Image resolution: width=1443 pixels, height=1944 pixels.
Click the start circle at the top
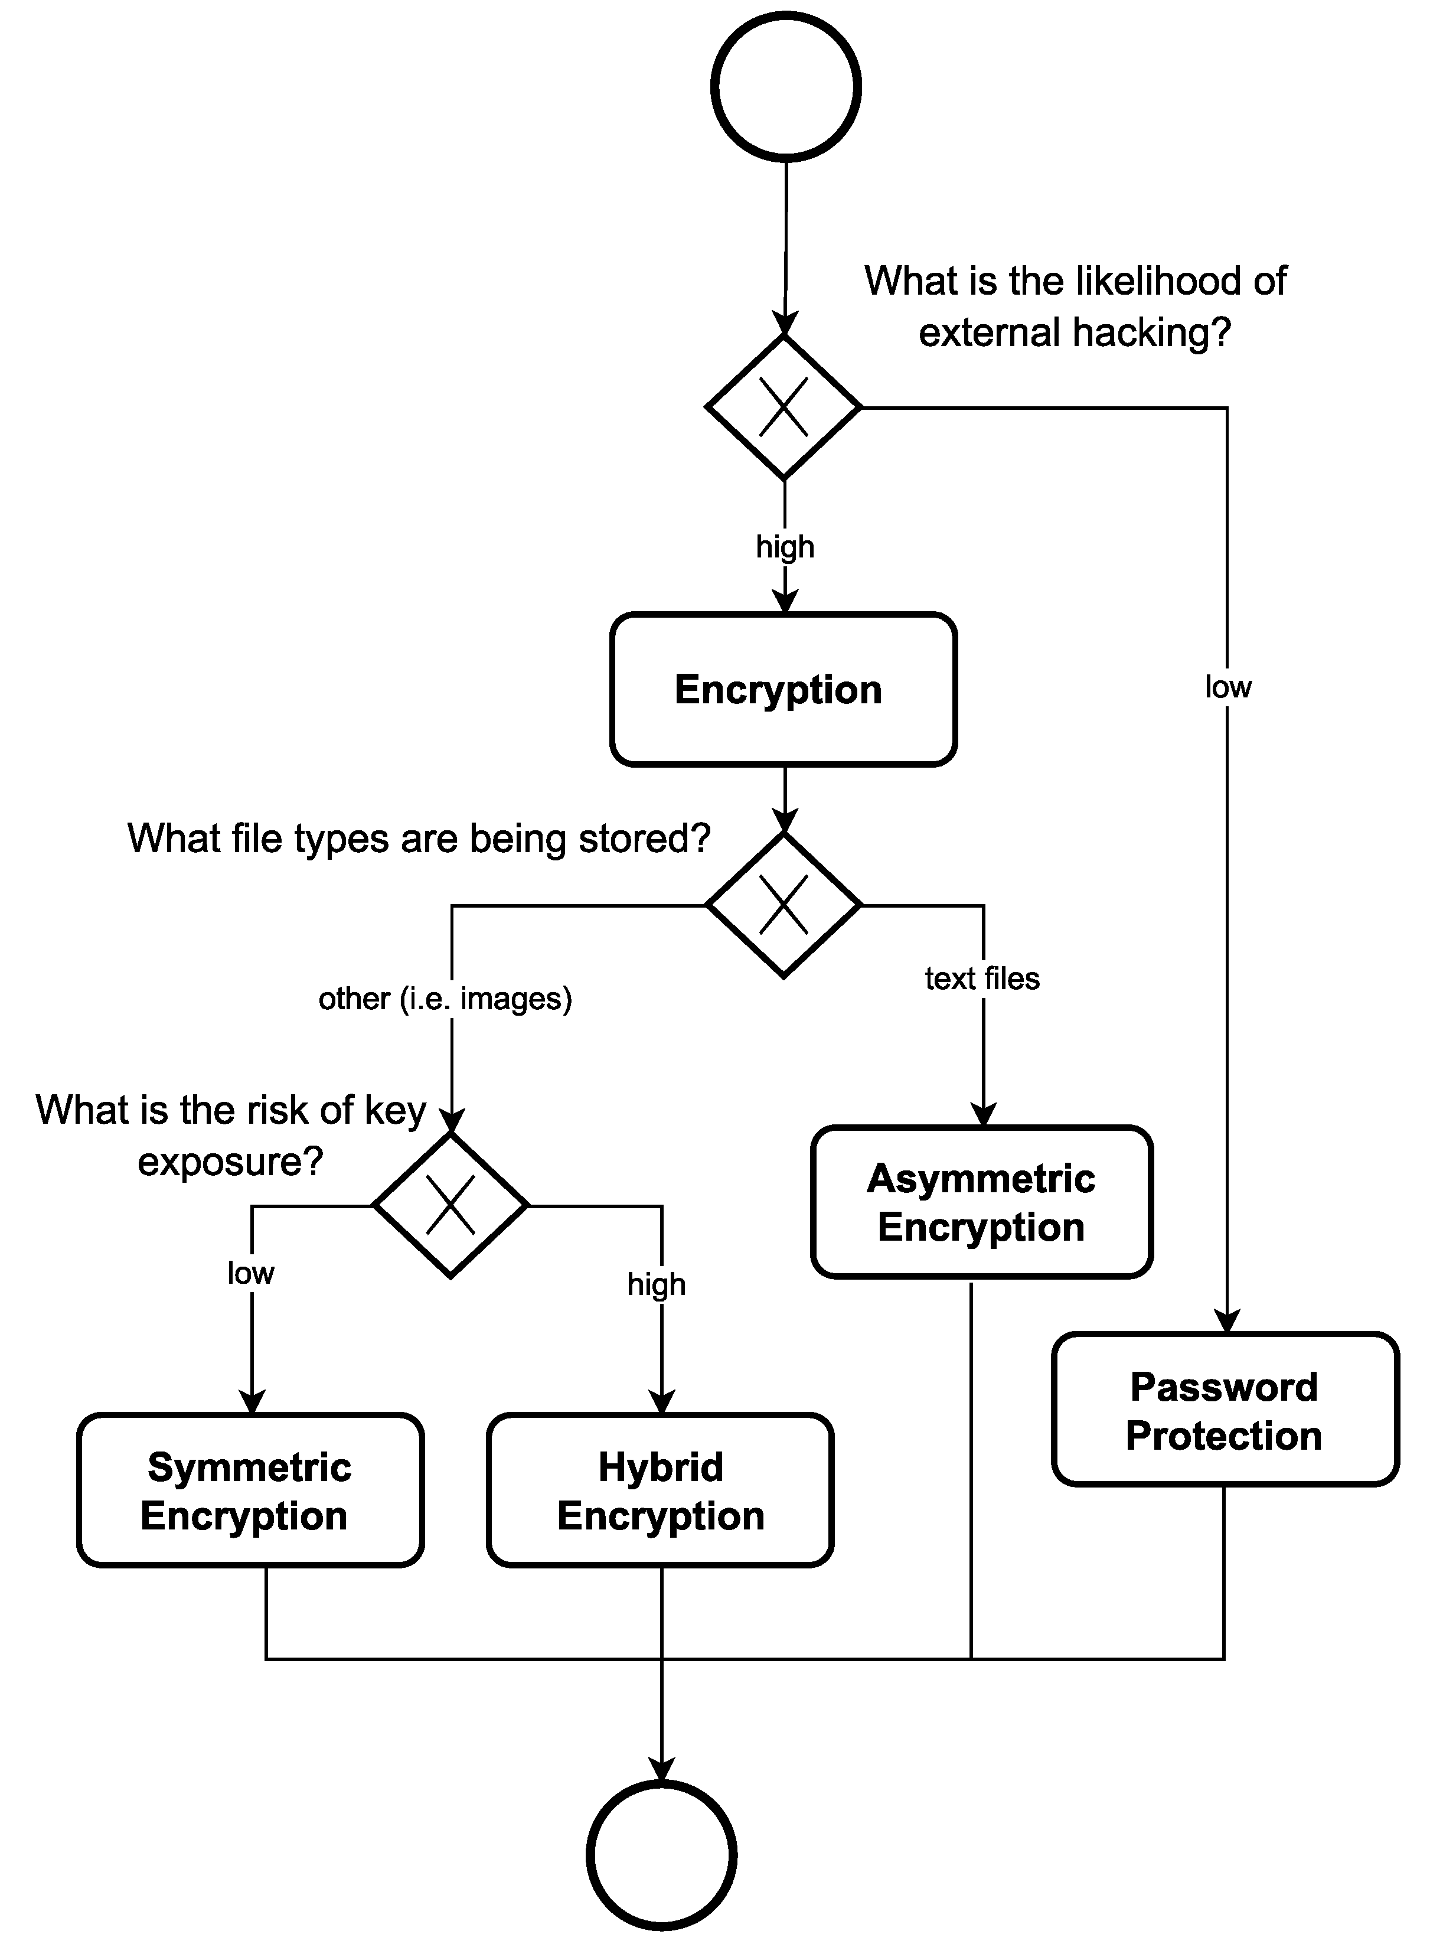click(x=785, y=86)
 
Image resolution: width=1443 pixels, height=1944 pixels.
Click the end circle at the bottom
click(x=661, y=1854)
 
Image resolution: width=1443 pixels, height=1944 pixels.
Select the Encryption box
click(x=783, y=689)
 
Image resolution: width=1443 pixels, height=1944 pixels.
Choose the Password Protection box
click(x=1225, y=1410)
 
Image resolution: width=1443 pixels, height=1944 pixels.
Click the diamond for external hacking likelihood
click(x=783, y=407)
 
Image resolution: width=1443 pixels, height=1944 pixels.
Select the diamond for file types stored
click(x=783, y=905)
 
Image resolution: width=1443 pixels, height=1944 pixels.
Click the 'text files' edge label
click(x=982, y=978)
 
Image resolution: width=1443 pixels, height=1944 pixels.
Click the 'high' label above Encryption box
click(x=785, y=547)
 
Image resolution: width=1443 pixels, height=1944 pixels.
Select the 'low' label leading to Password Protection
click(x=1227, y=687)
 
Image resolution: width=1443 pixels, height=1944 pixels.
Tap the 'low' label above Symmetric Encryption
click(x=251, y=1273)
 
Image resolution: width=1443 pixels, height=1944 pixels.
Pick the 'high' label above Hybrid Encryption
click(x=656, y=1284)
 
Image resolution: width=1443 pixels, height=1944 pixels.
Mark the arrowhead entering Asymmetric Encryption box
click(x=984, y=1115)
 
